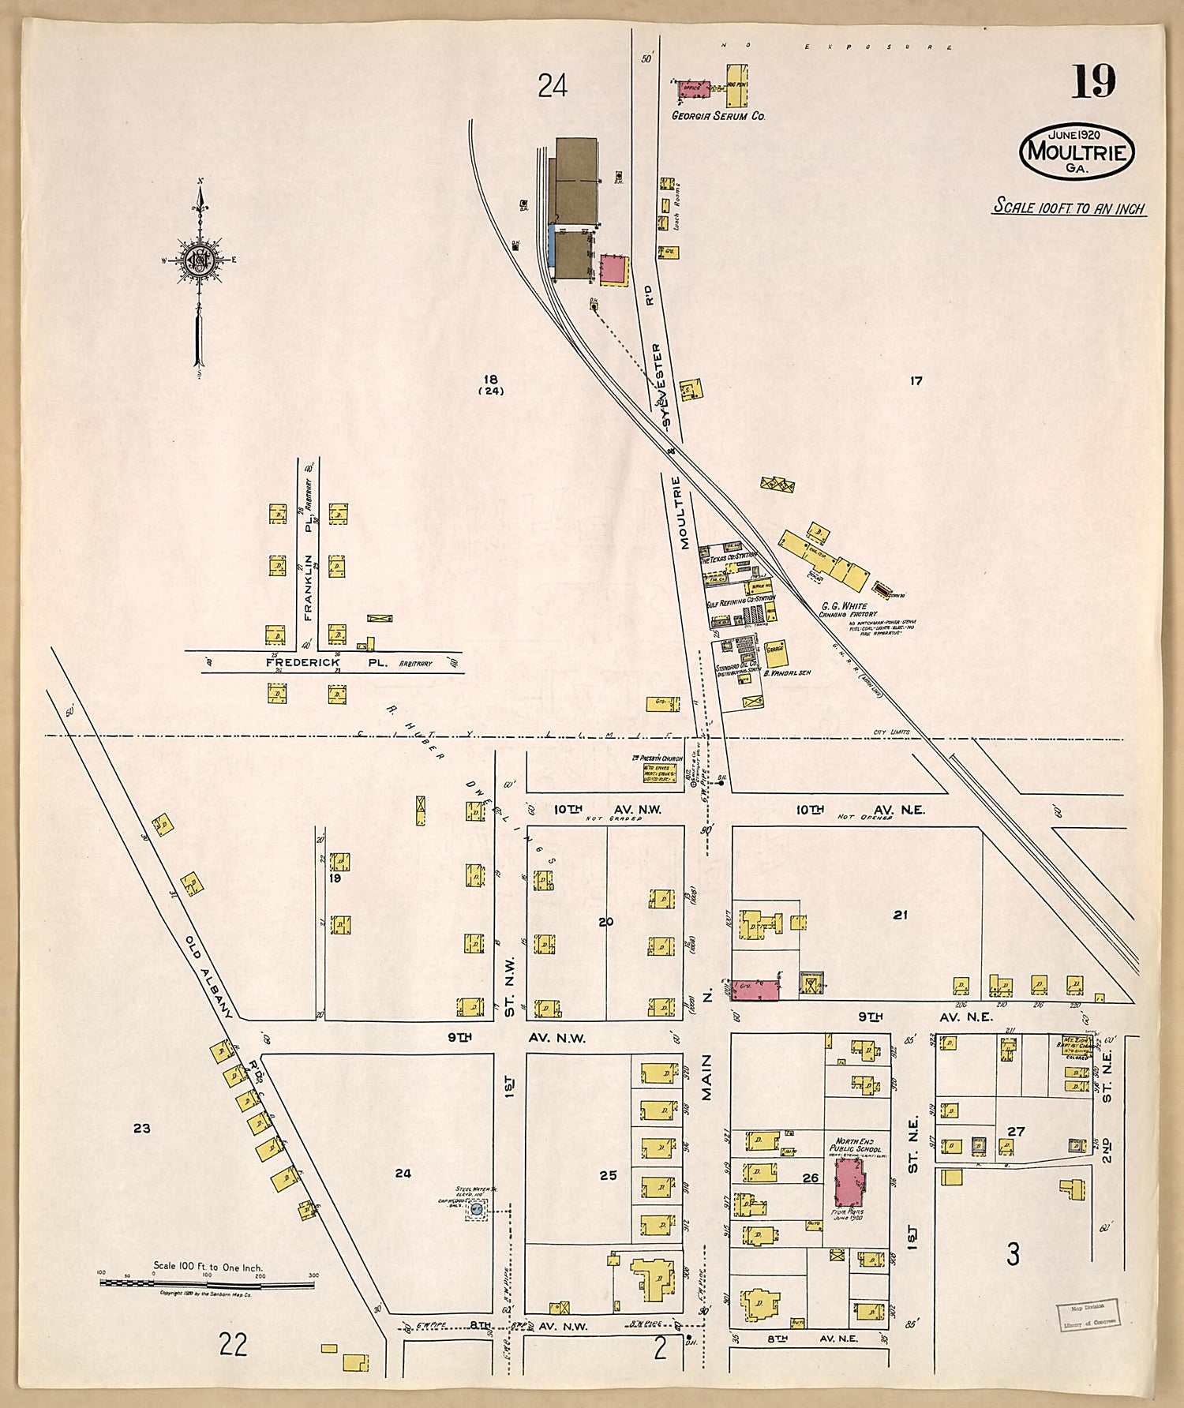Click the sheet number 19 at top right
[1093, 81]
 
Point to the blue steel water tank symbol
[476, 1208]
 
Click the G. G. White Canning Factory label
[848, 610]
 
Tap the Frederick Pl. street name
[326, 663]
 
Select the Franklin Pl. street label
[309, 585]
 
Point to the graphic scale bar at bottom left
[207, 1283]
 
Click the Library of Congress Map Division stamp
[1088, 1314]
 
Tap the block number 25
[607, 1175]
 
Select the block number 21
[900, 915]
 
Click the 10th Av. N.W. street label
[607, 809]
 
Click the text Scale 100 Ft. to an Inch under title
[1069, 208]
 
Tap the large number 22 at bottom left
[233, 1343]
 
